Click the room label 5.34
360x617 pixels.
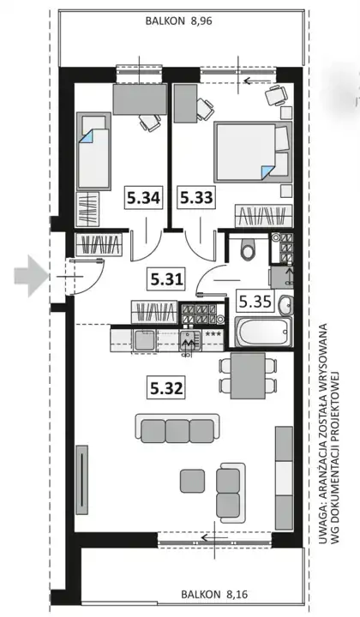coord(143,198)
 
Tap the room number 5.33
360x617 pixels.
coord(196,198)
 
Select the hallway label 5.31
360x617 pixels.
coord(167,279)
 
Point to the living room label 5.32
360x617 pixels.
coord(167,388)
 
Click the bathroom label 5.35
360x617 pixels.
coord(255,302)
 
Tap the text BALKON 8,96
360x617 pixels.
coord(178,21)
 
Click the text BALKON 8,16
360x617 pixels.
coord(214,594)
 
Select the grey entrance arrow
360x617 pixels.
coord(31,275)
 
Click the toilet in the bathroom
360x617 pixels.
coord(248,249)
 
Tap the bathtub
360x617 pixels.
coord(264,332)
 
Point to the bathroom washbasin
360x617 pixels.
coord(285,305)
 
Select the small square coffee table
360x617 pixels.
coord(192,481)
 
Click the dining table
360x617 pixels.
coord(248,375)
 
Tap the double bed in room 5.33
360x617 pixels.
coord(253,152)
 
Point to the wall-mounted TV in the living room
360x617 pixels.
coord(81,480)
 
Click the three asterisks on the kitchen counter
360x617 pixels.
coord(213,334)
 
